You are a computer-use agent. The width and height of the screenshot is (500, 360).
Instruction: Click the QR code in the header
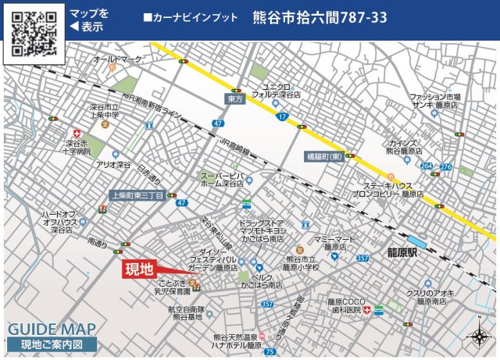pos(33,33)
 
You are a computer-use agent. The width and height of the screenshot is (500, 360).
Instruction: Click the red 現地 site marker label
pos(140,270)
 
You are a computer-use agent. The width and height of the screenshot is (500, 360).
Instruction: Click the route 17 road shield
pos(282,116)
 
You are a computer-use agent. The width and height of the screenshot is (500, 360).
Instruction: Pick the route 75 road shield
pos(270,351)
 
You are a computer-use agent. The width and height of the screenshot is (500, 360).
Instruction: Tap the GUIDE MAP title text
pos(52,329)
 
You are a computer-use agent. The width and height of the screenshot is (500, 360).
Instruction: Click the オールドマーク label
pos(117,59)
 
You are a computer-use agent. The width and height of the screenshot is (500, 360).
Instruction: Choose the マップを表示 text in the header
pos(89,20)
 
